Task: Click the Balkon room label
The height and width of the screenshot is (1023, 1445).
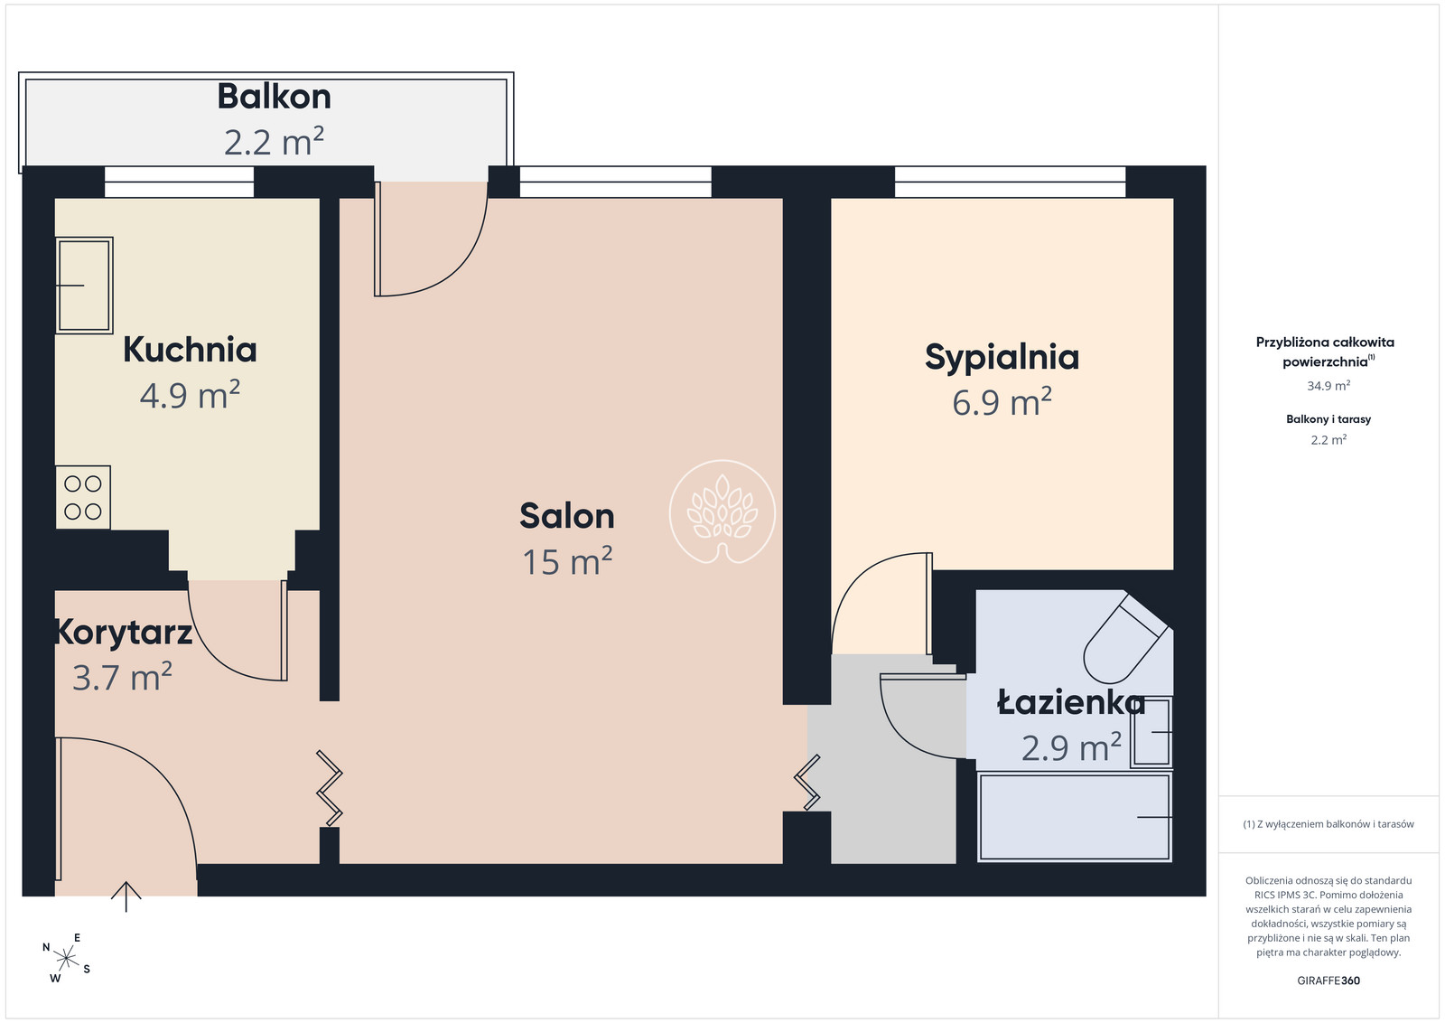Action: tap(275, 97)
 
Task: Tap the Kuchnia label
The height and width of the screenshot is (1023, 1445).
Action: tap(190, 350)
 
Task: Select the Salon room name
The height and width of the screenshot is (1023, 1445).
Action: tap(567, 516)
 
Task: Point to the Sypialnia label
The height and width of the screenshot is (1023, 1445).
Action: tap(1002, 358)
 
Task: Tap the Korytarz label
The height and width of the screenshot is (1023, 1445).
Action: tap(123, 633)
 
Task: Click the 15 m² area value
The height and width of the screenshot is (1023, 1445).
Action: tap(567, 561)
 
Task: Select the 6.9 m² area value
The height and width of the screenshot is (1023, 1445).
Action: tap(1002, 401)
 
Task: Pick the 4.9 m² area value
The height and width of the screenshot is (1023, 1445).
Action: tap(190, 394)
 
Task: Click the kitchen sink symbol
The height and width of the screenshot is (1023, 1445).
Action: tap(85, 286)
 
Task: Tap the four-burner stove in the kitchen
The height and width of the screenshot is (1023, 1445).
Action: tap(82, 498)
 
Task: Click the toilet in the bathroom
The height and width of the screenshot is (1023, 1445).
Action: tap(1127, 639)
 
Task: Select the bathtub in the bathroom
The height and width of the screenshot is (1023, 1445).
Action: tap(1075, 817)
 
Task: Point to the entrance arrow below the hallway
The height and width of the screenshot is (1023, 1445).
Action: tap(126, 896)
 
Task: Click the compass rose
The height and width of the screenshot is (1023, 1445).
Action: tap(66, 959)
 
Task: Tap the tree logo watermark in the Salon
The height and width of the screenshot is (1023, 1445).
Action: tap(722, 511)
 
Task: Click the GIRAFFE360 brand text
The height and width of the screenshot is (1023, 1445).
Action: tap(1328, 981)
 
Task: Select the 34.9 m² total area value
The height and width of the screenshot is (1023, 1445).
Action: tap(1328, 386)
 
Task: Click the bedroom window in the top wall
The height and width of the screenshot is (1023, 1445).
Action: tap(1011, 182)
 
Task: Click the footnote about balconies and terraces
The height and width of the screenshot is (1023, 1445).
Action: tap(1328, 824)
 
